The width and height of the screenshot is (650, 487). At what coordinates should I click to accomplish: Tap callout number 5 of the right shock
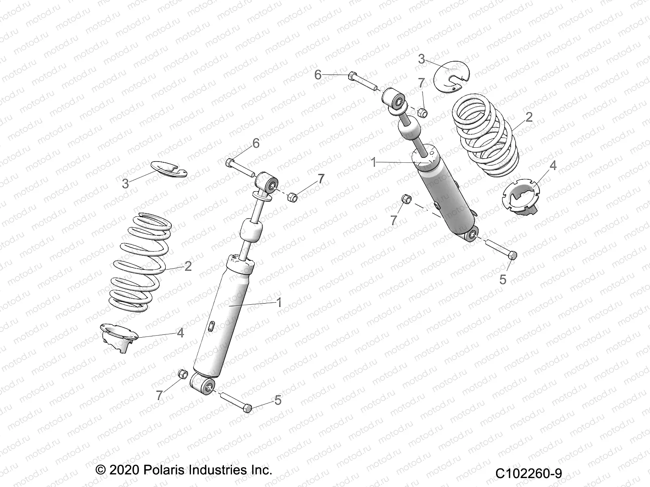pyautogui.click(x=503, y=279)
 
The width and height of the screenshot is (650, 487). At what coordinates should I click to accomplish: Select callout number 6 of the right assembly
pyautogui.click(x=318, y=75)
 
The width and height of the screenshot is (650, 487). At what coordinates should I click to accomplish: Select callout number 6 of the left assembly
pyautogui.click(x=256, y=143)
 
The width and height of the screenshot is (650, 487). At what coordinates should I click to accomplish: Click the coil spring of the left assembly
pyautogui.click(x=140, y=264)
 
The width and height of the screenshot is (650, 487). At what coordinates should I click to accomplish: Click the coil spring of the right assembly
pyautogui.click(x=485, y=138)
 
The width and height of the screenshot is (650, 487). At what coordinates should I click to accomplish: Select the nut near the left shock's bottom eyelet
pyautogui.click(x=183, y=373)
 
